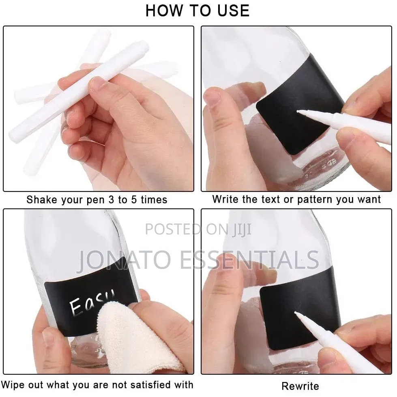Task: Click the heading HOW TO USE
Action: click(x=197, y=11)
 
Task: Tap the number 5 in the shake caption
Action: click(x=134, y=200)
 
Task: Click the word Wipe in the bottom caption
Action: click(x=13, y=384)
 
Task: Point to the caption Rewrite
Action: click(x=300, y=386)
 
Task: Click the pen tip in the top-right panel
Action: click(x=298, y=111)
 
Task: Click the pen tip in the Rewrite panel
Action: click(x=296, y=313)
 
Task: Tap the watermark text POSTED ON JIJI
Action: click(x=198, y=230)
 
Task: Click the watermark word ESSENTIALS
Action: click(x=249, y=260)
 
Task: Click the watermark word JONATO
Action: click(x=125, y=260)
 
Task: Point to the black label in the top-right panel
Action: click(x=301, y=106)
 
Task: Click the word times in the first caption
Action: click(x=154, y=200)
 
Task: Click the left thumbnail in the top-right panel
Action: click(x=212, y=97)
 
